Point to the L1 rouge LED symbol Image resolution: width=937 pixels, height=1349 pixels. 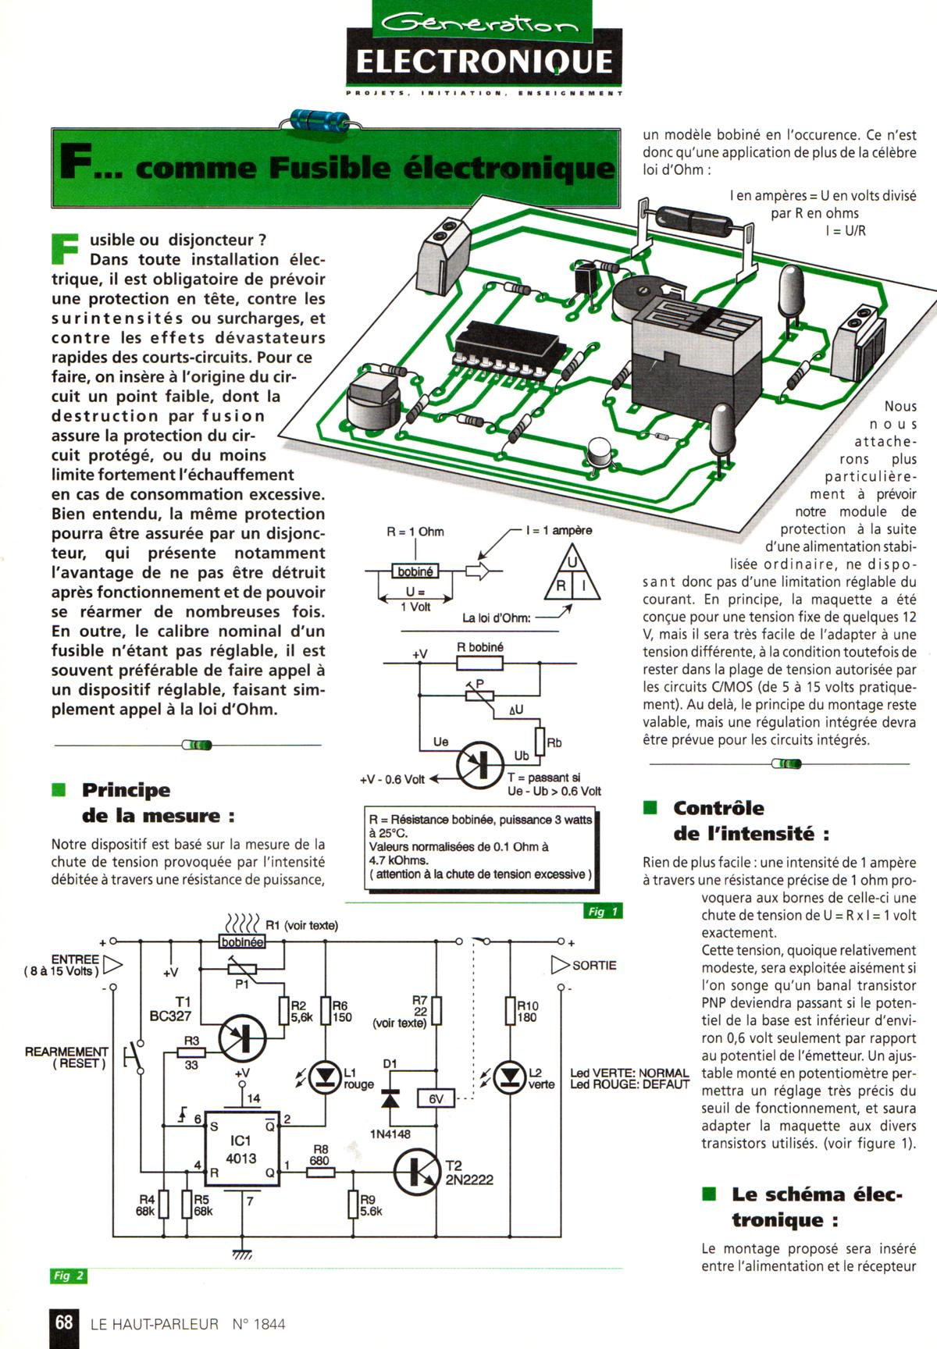pyautogui.click(x=324, y=1077)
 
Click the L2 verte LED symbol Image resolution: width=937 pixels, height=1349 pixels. pyautogui.click(x=510, y=1077)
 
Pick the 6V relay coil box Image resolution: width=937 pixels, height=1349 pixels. pyautogui.click(x=436, y=1098)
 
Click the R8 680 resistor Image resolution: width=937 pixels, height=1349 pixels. pyautogui.click(x=320, y=1172)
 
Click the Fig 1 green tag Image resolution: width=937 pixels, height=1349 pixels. pyautogui.click(x=602, y=911)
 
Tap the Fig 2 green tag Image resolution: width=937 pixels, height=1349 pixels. pyautogui.click(x=69, y=1276)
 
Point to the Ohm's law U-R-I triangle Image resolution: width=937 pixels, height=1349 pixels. pyautogui.click(x=572, y=575)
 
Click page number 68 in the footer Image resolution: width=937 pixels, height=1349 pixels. pyautogui.click(x=63, y=1322)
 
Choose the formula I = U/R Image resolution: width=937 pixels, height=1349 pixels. pyautogui.click(x=846, y=231)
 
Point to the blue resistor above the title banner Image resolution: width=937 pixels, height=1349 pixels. pyautogui.click(x=319, y=119)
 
